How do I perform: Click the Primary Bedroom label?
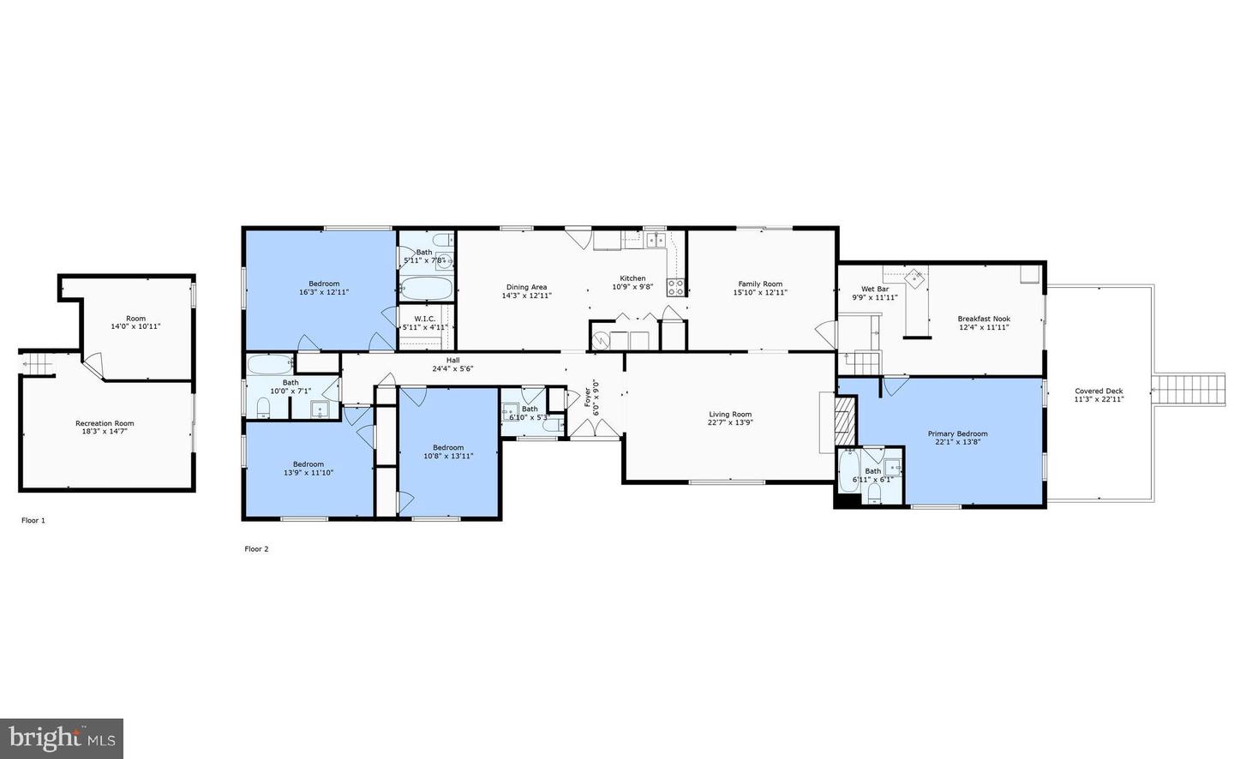tap(957, 433)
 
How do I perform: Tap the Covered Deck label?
tap(1099, 391)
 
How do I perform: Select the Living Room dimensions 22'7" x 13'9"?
tap(730, 423)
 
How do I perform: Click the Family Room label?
tap(760, 284)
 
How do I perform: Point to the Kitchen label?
tap(632, 278)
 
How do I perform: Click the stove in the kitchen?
tap(676, 288)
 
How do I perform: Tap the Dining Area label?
tap(526, 288)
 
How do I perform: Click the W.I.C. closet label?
tap(425, 319)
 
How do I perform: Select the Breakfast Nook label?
tap(984, 319)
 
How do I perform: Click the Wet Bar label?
tap(875, 290)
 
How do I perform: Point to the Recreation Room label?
tap(105, 423)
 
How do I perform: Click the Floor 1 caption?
tap(33, 520)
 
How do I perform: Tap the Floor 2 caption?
tap(256, 549)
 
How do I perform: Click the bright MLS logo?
tap(62, 738)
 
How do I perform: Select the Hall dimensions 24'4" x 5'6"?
tap(452, 369)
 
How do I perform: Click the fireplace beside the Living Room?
tap(846, 421)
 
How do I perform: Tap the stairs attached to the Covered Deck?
tap(1189, 391)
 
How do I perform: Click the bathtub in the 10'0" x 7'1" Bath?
tap(269, 364)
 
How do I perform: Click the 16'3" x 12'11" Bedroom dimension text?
tap(324, 292)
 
